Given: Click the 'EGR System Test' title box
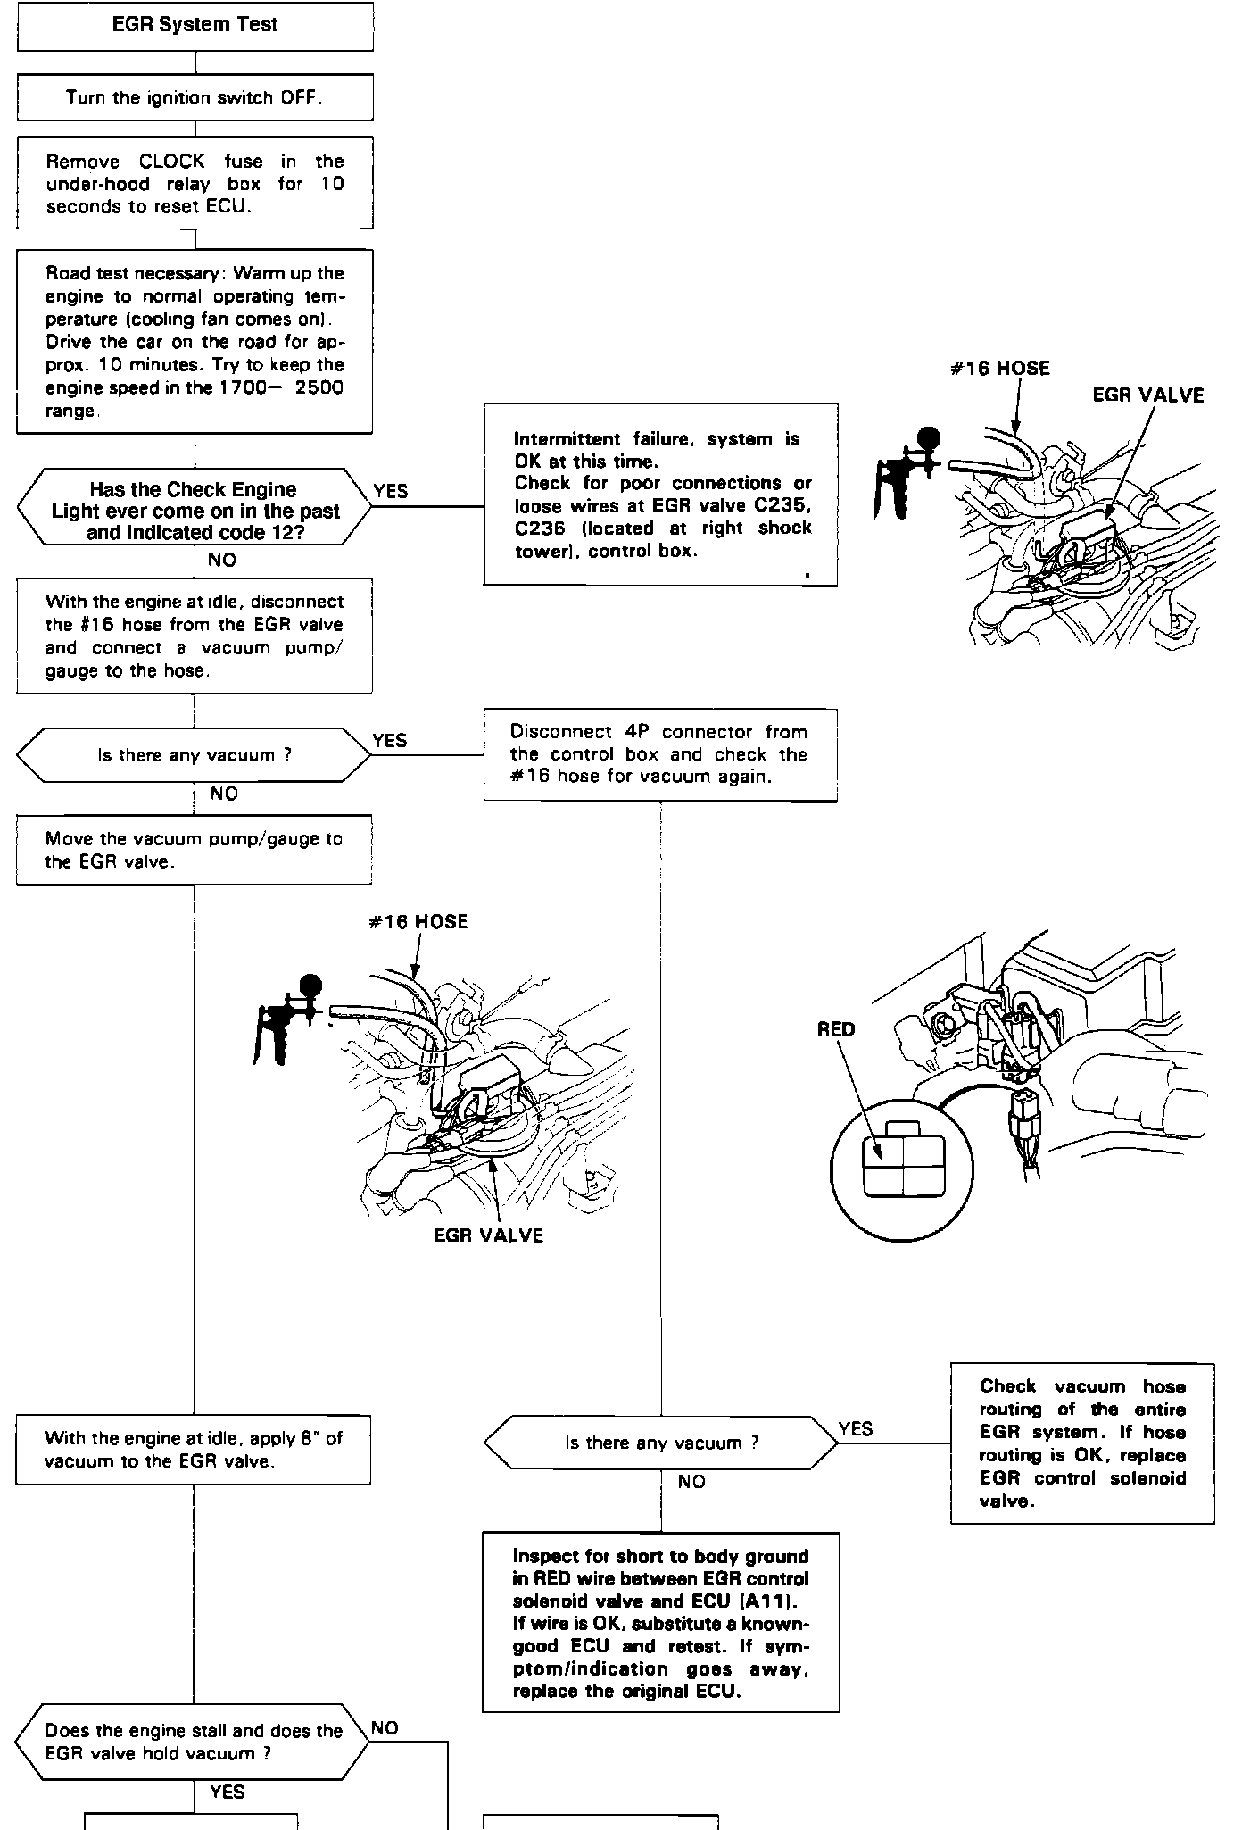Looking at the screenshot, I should tap(195, 25).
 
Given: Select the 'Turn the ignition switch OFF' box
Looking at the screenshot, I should tap(195, 97).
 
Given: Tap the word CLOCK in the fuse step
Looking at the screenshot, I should tap(172, 162).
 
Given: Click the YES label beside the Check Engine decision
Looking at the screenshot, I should tap(390, 491).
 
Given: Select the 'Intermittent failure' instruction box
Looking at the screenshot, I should tap(660, 495).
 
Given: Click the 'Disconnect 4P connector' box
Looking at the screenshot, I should tap(660, 754).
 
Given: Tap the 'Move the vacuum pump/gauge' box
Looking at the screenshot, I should tap(194, 850).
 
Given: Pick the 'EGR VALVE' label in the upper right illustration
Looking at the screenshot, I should tap(1147, 395).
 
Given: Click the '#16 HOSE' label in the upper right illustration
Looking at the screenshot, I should tap(999, 369).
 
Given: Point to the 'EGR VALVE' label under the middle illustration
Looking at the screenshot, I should tap(488, 1235).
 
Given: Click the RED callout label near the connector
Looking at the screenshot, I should tap(836, 1029).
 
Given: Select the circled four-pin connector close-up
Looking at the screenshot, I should tap(901, 1169).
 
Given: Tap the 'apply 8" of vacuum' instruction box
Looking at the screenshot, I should tap(194, 1450).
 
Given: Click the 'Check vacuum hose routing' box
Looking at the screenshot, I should tap(1082, 1443).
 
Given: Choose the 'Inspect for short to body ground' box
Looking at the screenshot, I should tap(660, 1622).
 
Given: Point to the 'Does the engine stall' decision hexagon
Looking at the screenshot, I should tap(193, 1742).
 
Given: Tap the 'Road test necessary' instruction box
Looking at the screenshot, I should tap(195, 342).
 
